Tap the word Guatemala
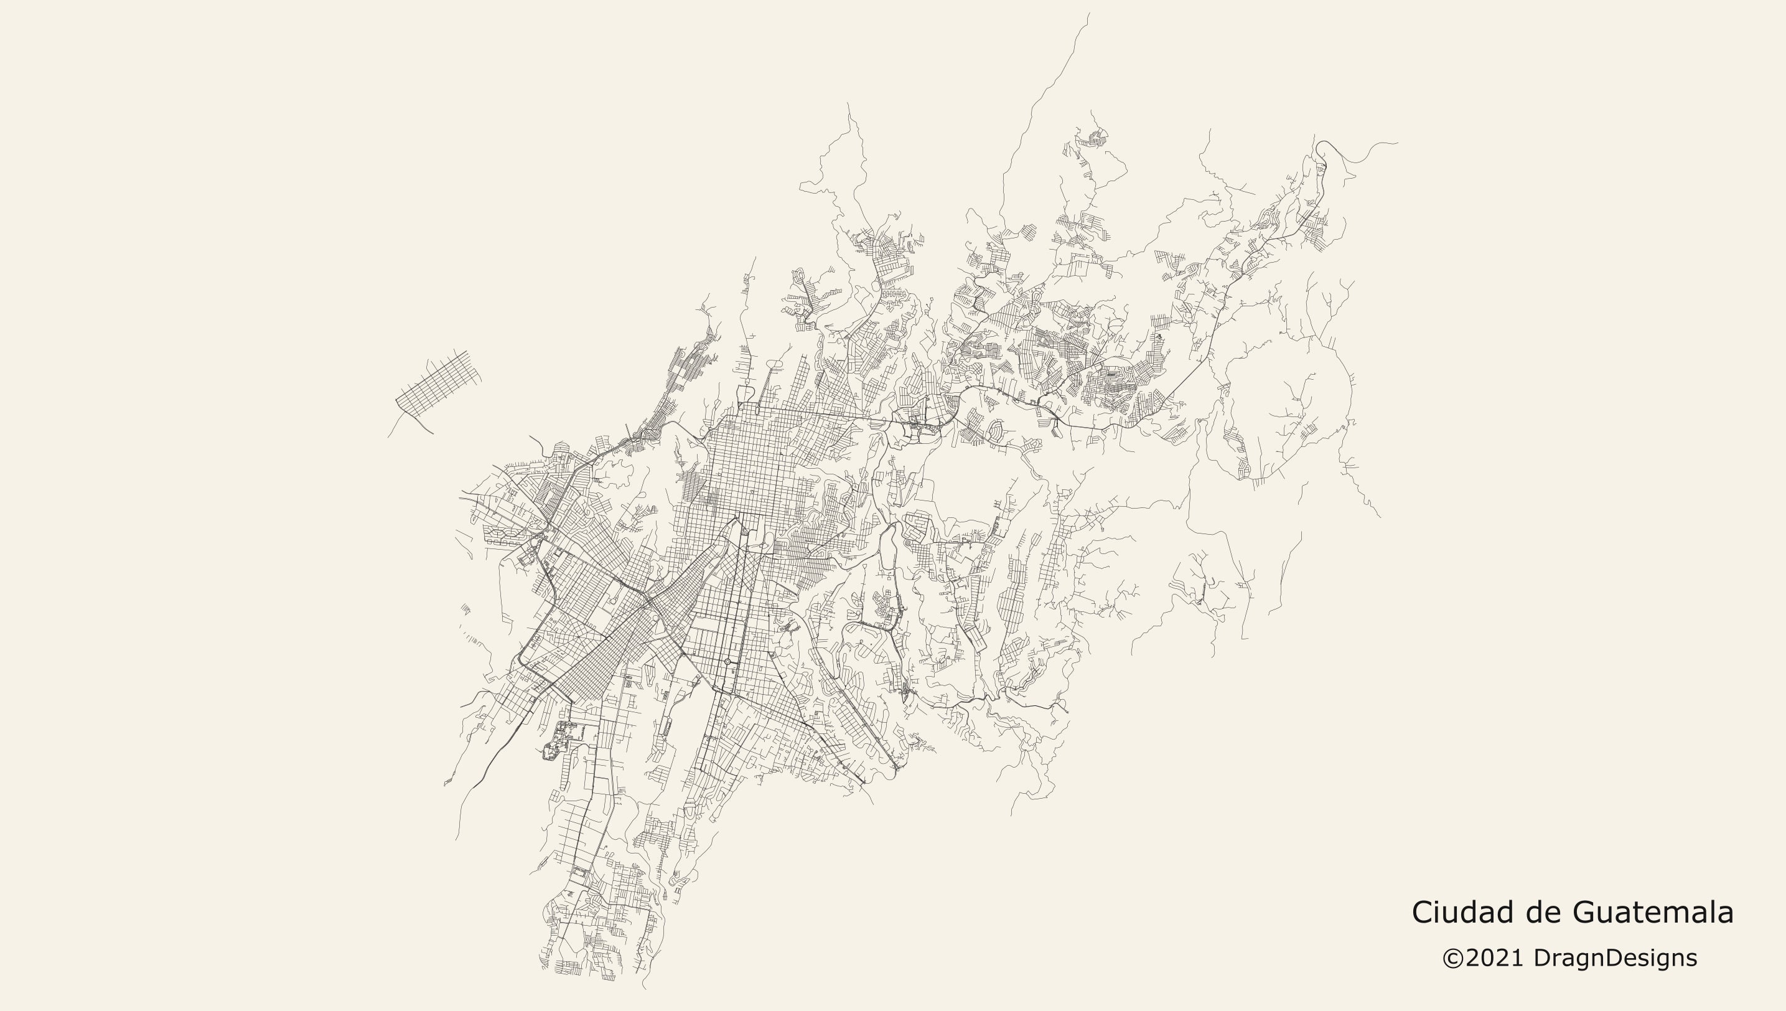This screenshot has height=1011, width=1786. click(x=1652, y=911)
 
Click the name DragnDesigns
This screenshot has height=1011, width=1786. click(x=1615, y=958)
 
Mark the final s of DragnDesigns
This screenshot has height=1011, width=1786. click(x=1692, y=959)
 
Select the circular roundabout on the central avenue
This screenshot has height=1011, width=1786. click(x=727, y=662)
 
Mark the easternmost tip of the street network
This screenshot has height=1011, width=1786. click(x=1396, y=144)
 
